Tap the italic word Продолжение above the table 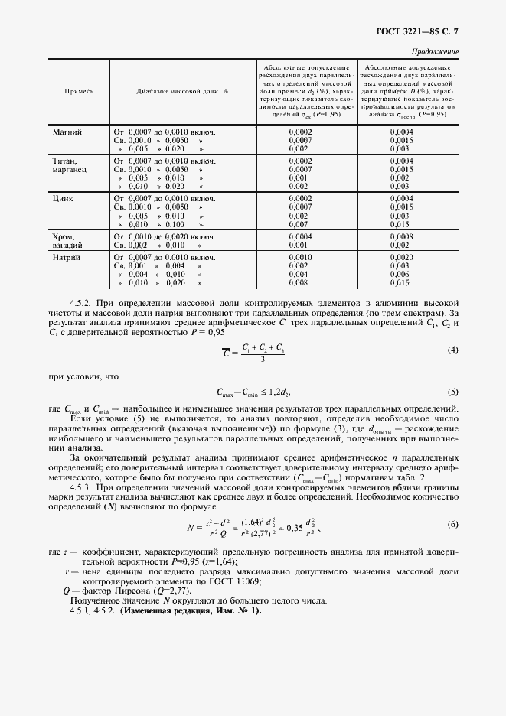(436, 52)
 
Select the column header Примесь (78, 90)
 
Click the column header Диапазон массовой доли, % (183, 90)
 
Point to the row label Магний (67, 132)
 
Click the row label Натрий (66, 257)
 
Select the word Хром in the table (64, 237)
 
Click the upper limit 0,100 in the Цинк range (175, 225)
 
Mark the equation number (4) (452, 350)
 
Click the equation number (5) (452, 392)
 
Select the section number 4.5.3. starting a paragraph (85, 487)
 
